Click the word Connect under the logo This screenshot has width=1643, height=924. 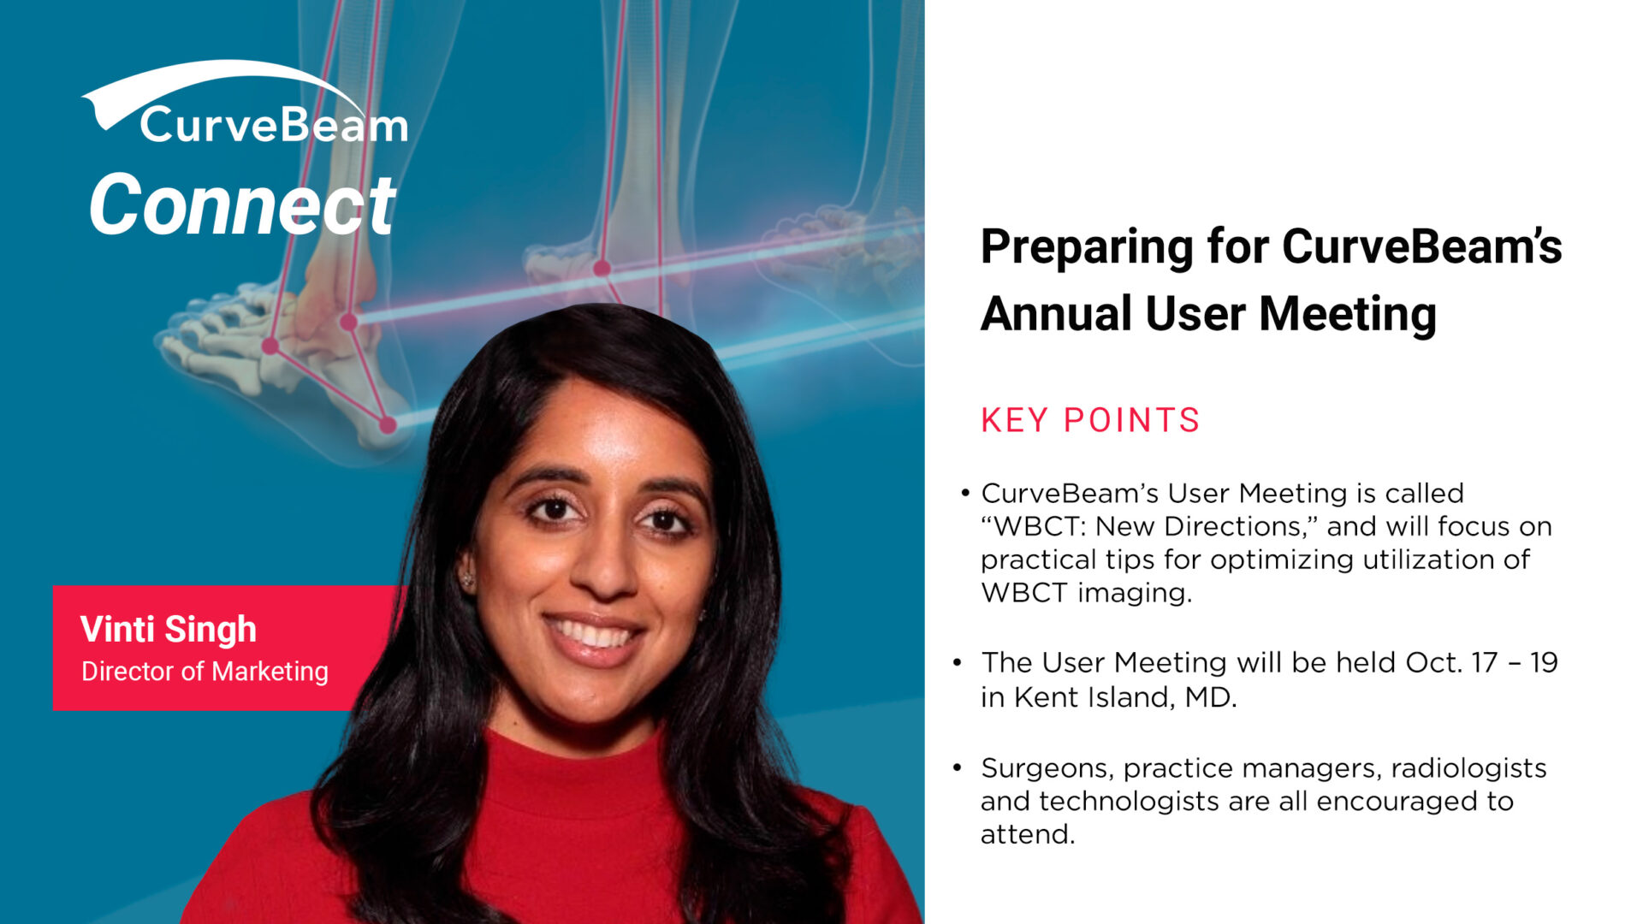tap(243, 204)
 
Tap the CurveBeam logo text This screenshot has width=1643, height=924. tap(274, 125)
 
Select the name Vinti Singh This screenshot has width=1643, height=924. tap(169, 629)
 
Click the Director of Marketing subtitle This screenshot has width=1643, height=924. tap(205, 672)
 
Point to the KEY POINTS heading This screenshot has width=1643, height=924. tap(1090, 420)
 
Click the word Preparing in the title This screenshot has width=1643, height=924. tap(1087, 248)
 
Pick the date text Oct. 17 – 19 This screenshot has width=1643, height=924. tap(1481, 662)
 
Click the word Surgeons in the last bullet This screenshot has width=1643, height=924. tap(1047, 769)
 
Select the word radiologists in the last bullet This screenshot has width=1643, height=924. tap(1468, 769)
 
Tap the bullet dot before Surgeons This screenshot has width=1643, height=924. tap(958, 767)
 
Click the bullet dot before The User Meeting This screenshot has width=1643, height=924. tap(958, 662)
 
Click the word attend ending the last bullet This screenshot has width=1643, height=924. tap(1027, 834)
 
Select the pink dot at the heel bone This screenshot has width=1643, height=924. tap(388, 424)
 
